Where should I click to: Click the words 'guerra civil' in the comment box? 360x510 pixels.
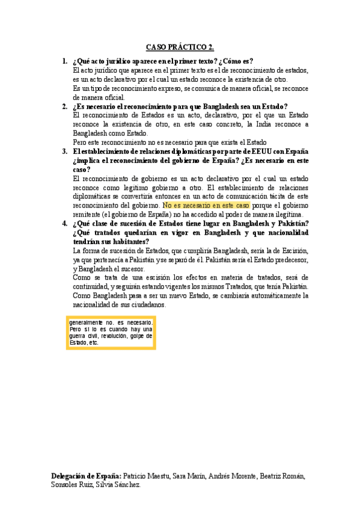pyautogui.click(x=85, y=336)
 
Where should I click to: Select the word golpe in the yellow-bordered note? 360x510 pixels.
pyautogui.click(x=141, y=336)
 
